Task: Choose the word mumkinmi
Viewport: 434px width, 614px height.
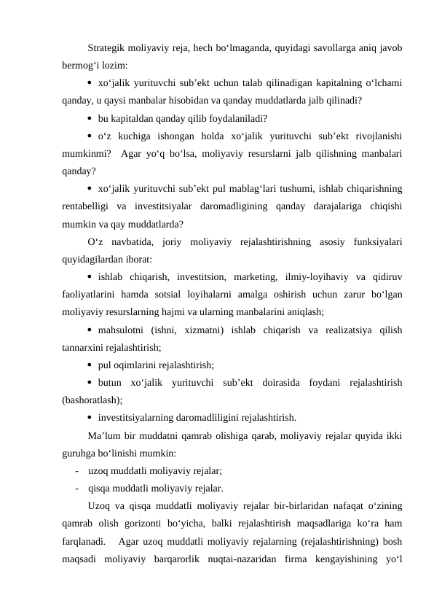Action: (x=87, y=153)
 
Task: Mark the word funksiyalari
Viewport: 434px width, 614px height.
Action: (x=379, y=241)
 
